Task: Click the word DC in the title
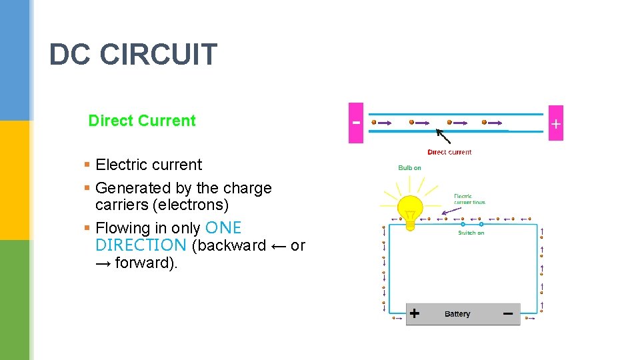click(70, 55)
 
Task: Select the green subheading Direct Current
click(142, 121)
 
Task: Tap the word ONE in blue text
click(224, 228)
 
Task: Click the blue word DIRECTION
click(141, 245)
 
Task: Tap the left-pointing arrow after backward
click(279, 246)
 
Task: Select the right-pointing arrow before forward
click(103, 263)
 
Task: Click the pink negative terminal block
click(356, 123)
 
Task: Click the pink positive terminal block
click(555, 123)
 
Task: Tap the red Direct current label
click(449, 152)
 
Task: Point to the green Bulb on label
click(409, 167)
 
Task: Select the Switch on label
click(471, 233)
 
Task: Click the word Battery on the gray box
click(457, 314)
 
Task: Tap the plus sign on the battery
click(415, 313)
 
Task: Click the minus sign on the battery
click(507, 313)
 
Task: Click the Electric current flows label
click(469, 199)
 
